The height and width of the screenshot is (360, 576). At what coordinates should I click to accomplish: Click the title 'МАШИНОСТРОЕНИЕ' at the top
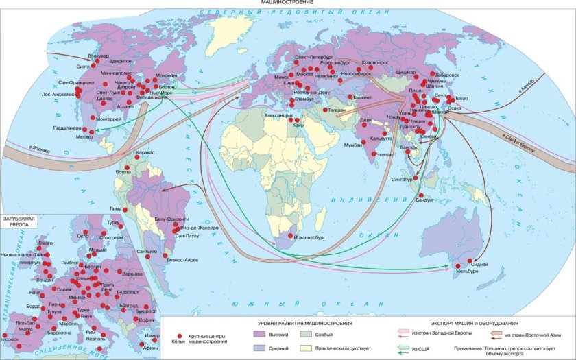coord(287,3)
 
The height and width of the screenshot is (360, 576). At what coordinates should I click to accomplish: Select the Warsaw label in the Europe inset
coord(132,273)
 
